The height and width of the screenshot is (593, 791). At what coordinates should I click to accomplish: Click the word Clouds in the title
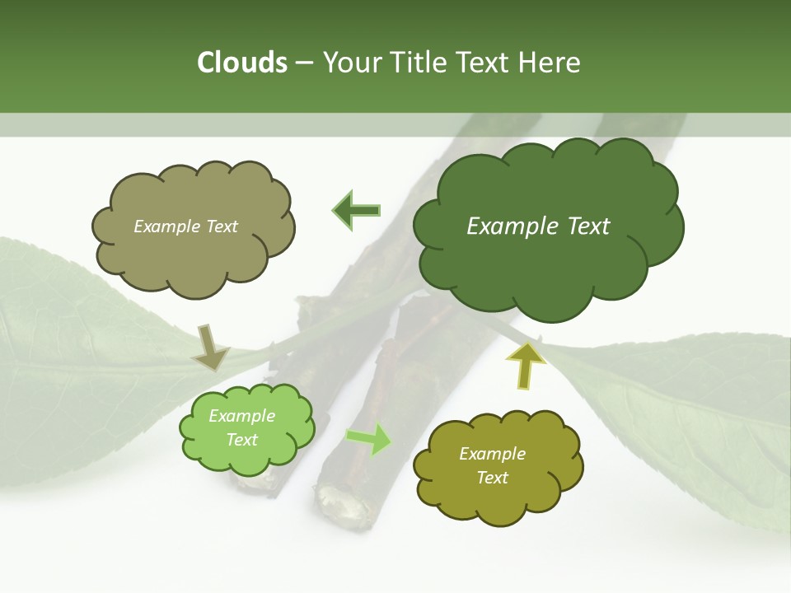click(242, 63)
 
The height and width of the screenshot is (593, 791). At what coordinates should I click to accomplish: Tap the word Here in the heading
click(549, 63)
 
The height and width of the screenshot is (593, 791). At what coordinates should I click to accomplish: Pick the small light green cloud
click(246, 428)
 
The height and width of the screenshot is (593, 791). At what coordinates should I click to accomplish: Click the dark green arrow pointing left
click(356, 211)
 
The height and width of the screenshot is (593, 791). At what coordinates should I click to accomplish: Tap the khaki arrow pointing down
click(210, 347)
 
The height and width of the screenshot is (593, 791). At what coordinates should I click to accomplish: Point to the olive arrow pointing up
click(525, 365)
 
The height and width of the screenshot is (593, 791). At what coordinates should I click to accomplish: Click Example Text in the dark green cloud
click(538, 226)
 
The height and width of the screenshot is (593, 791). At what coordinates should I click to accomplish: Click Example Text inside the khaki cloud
click(185, 226)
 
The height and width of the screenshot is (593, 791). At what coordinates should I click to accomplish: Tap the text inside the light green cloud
click(241, 428)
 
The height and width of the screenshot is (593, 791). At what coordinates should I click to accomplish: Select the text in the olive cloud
click(492, 465)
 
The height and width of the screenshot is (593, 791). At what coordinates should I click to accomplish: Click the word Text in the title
click(483, 63)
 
